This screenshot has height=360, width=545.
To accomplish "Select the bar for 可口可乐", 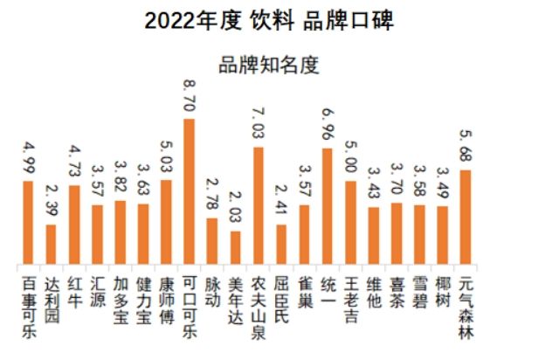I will click(189, 191).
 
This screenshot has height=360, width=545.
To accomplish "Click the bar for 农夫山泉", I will click(258, 206).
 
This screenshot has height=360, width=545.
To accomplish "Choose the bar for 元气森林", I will click(465, 218).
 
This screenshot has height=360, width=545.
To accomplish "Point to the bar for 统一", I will click(327, 207).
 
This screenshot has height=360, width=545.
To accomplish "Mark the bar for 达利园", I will click(51, 245).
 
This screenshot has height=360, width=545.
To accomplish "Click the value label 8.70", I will click(189, 94).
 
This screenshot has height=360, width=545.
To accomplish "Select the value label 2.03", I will click(235, 208).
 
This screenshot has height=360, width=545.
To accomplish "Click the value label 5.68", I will click(465, 147).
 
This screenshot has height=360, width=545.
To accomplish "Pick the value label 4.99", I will click(28, 157).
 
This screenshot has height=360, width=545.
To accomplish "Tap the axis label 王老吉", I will click(350, 297).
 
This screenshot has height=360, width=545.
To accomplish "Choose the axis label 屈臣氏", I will click(281, 297).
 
